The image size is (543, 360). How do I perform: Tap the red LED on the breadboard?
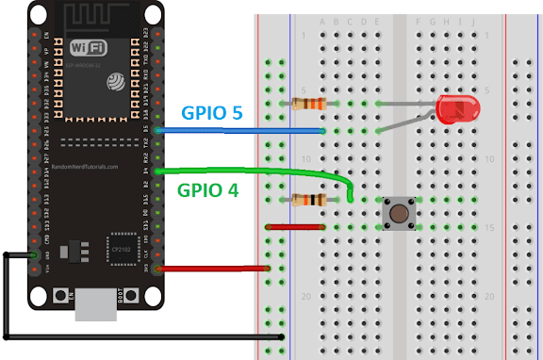coord(455,110)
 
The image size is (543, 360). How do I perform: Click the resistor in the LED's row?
coord(306,104)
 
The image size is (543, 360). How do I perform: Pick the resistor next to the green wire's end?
coord(306,200)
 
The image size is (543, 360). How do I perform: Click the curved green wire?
coord(264,171)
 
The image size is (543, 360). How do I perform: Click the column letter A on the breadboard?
coord(323,21)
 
